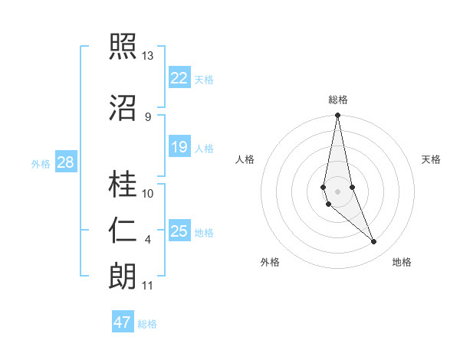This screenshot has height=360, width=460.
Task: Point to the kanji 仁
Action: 123,231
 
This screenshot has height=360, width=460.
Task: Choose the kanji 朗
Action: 123,277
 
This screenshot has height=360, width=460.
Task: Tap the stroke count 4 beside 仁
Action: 147,240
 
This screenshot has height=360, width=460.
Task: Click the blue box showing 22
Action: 179,77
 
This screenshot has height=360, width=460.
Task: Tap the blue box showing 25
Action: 179,231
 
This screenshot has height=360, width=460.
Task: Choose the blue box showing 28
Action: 65,162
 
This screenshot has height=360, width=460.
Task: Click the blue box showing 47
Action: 122,322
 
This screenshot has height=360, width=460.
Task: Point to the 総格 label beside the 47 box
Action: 147,324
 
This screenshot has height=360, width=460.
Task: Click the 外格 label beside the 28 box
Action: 41,163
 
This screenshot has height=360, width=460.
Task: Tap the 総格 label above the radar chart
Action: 338,100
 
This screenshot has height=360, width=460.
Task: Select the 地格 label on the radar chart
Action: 402,263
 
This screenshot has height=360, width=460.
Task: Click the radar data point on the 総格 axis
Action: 338,115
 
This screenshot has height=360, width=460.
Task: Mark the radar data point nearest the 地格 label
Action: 374,242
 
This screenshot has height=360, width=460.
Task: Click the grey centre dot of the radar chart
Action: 338,191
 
